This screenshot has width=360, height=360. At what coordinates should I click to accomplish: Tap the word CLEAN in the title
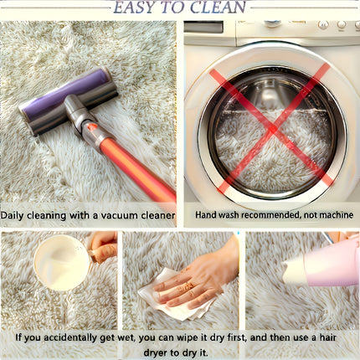[219, 8]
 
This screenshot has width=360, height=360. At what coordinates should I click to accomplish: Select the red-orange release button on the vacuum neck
[91, 127]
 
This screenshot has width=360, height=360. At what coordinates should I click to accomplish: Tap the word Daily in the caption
[13, 216]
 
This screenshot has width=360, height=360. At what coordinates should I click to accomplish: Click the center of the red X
[272, 129]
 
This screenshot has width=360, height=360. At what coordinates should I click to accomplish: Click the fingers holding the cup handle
[104, 248]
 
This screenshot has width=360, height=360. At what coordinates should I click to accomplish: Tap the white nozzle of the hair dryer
[294, 270]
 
